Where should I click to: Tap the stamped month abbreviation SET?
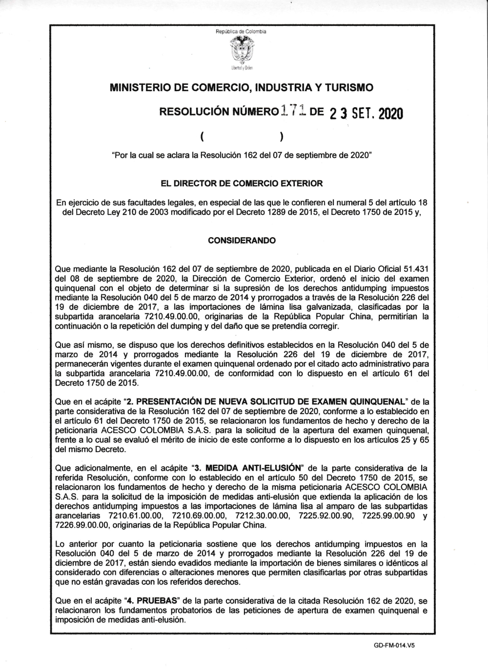(x=362, y=114)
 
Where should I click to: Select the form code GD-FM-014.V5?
(x=397, y=644)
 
